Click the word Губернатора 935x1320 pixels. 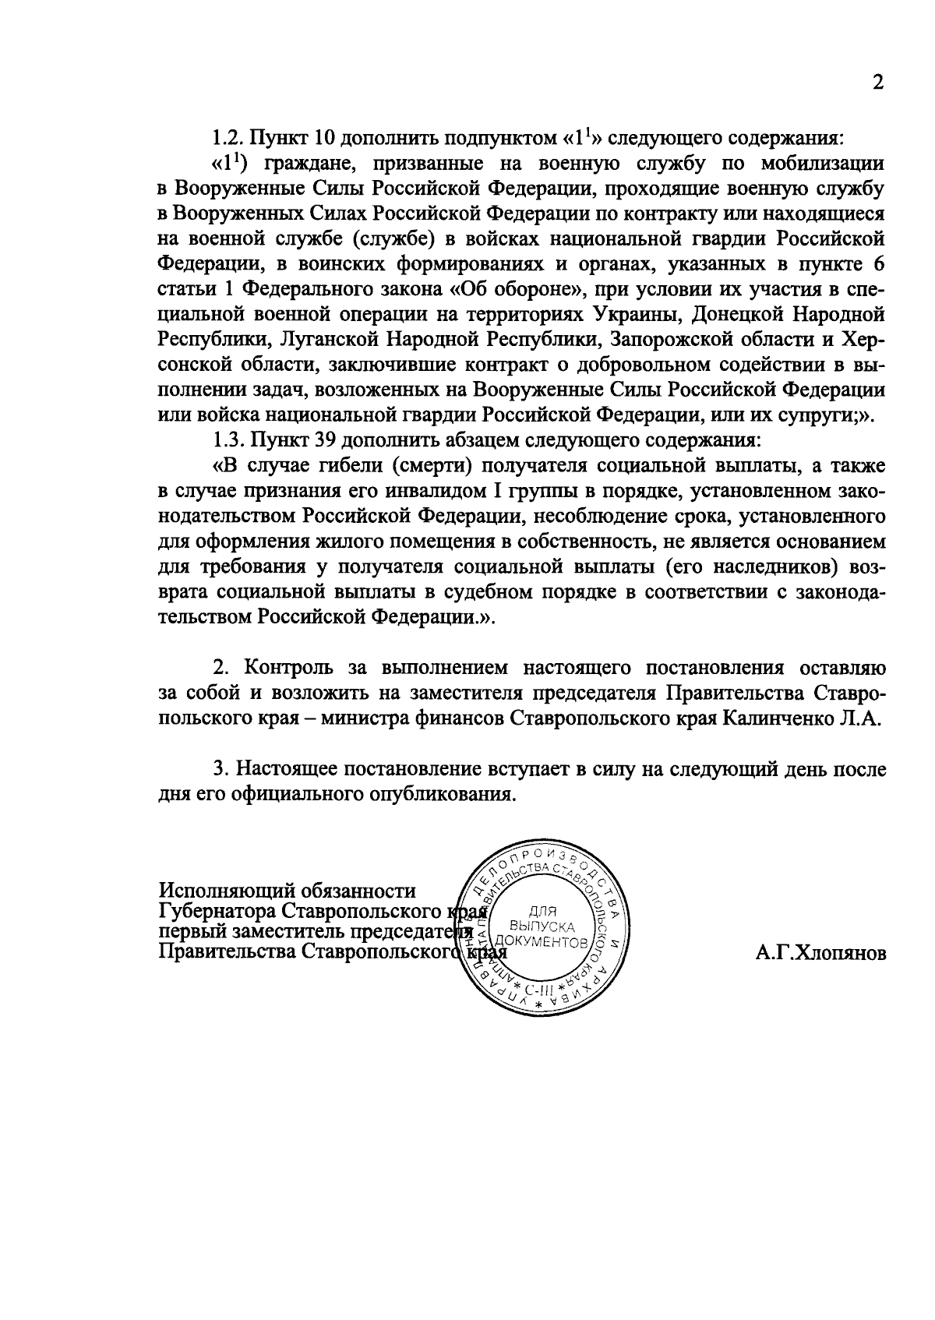pos(217,911)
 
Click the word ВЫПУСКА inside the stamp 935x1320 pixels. pos(541,926)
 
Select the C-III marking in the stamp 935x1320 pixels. pos(538,990)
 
